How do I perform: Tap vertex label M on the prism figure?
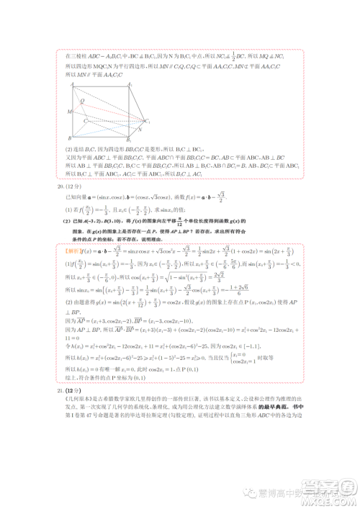[69, 112]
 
